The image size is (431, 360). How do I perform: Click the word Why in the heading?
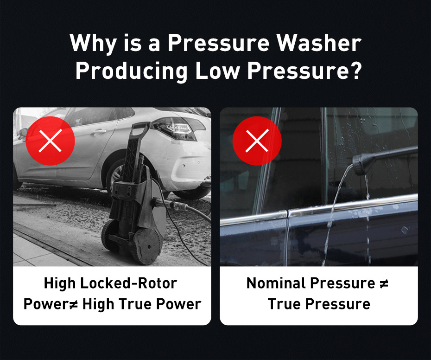93,44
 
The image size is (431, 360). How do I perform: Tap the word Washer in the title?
318,43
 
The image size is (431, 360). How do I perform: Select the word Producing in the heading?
132,71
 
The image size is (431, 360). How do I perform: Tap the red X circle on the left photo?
51,141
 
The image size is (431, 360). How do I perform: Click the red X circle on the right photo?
257,141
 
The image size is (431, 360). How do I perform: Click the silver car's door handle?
98,132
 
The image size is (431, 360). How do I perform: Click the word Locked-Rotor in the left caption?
128,283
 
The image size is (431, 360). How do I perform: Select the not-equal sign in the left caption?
73,304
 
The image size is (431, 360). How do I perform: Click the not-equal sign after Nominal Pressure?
384,283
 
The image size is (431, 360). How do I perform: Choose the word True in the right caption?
284,304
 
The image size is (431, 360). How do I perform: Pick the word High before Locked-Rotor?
60,283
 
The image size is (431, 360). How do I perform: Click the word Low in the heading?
217,71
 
